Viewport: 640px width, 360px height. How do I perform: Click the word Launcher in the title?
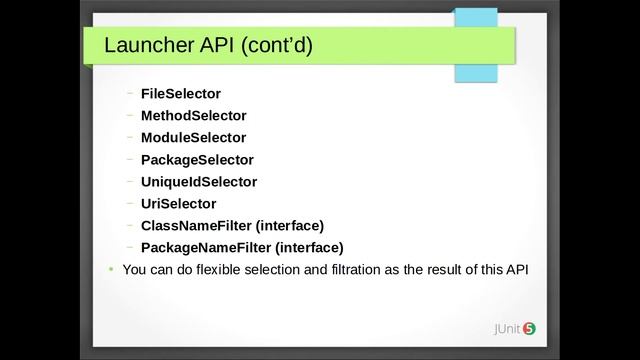point(149,46)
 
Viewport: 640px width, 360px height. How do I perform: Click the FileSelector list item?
point(180,93)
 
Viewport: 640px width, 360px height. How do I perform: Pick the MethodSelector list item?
point(193,115)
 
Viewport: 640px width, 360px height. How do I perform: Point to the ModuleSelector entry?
point(193,137)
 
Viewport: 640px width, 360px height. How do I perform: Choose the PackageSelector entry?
point(197,159)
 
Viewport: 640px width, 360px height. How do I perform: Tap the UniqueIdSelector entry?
point(199,181)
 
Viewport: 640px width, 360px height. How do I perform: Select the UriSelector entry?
point(178,203)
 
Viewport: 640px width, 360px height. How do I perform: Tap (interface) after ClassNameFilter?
point(290,225)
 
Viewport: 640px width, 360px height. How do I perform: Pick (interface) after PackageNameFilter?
point(310,247)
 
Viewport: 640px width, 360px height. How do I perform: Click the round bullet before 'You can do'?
point(110,270)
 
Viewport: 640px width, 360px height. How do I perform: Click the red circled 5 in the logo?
point(529,328)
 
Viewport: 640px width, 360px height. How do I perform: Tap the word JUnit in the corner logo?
point(502,328)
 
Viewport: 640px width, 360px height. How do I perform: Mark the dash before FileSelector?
point(131,93)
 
